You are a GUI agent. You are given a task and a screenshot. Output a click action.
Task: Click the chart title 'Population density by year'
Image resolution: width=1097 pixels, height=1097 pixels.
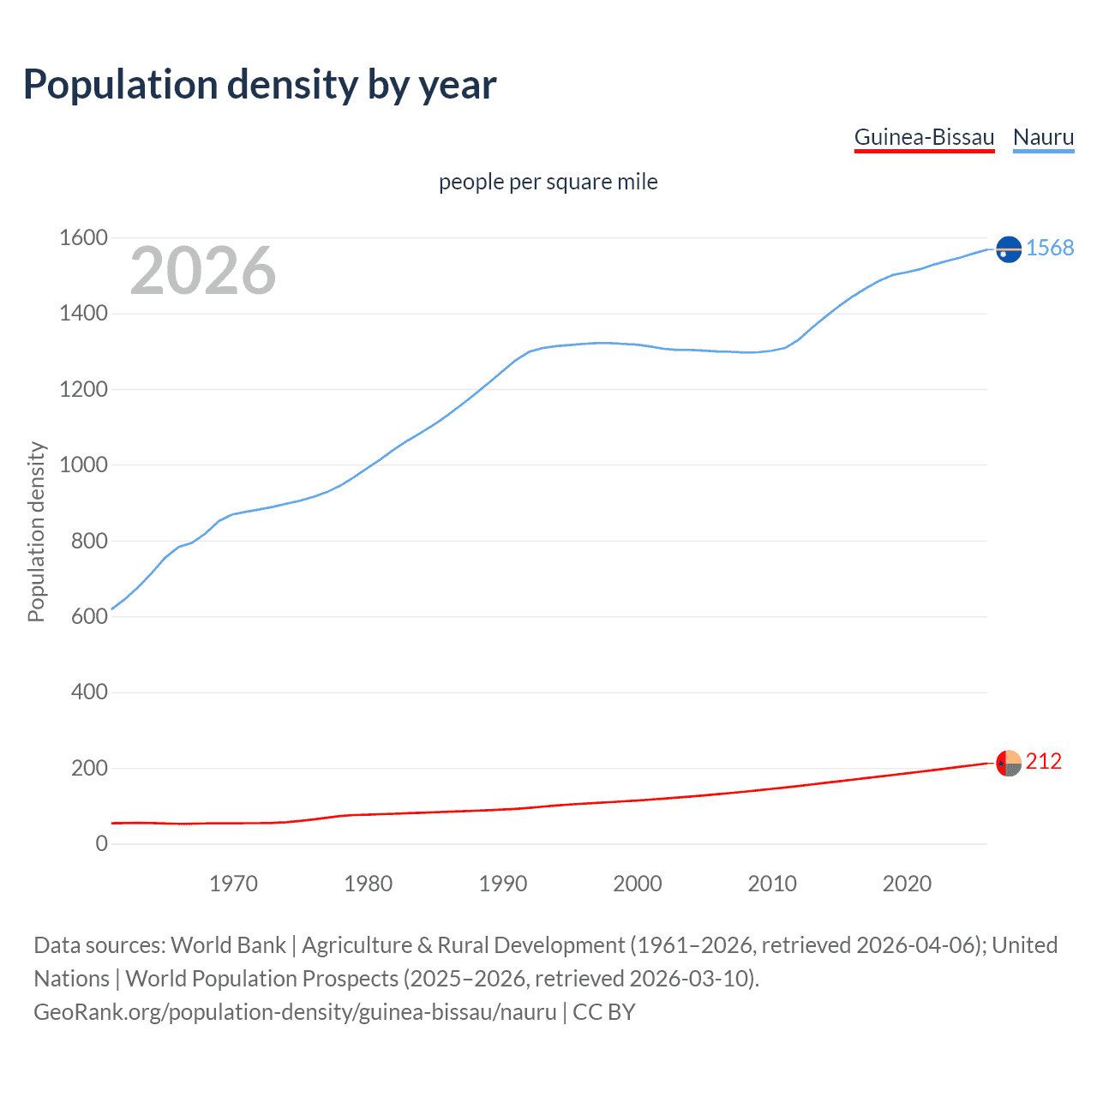tap(260, 85)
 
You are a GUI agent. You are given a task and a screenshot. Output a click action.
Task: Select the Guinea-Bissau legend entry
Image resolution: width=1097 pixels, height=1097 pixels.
tap(924, 137)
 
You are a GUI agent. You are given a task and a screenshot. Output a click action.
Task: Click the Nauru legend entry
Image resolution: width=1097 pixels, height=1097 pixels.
tap(1043, 137)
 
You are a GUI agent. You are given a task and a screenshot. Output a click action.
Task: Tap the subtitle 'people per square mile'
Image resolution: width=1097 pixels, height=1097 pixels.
tap(548, 182)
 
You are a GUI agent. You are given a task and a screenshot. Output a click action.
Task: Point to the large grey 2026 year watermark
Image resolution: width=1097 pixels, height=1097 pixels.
tap(203, 271)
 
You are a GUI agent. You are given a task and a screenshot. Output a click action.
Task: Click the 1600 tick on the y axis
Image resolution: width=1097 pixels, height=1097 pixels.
tap(83, 237)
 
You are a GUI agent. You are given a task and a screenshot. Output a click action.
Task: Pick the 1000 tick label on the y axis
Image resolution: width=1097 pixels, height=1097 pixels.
tap(83, 465)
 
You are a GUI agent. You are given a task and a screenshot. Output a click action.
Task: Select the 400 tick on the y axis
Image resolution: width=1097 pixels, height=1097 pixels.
tap(89, 692)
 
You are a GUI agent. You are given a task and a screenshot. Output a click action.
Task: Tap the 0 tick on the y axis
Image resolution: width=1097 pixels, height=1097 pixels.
tap(101, 843)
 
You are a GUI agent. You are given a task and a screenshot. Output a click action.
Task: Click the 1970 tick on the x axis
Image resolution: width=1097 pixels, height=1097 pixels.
tap(233, 884)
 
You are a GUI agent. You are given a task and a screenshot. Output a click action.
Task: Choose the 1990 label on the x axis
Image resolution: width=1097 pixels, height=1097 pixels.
tap(503, 884)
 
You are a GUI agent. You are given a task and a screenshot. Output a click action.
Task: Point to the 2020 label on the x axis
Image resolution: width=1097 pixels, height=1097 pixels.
tap(907, 884)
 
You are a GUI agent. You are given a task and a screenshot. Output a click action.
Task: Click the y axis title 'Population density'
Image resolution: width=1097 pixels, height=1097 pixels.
tap(36, 531)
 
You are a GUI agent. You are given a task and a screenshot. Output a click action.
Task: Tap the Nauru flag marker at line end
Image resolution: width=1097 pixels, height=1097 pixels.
tap(1009, 249)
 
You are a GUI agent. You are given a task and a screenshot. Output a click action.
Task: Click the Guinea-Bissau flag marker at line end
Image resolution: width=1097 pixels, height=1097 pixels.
tap(1009, 762)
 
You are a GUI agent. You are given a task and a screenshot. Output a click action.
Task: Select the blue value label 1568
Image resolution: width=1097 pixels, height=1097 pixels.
tap(1049, 248)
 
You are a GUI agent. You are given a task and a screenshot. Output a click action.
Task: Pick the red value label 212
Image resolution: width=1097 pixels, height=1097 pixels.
tap(1043, 761)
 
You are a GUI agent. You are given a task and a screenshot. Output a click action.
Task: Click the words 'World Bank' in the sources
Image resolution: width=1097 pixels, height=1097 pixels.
tap(228, 944)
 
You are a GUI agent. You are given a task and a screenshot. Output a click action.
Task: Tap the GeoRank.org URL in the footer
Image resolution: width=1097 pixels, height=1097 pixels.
tap(295, 1011)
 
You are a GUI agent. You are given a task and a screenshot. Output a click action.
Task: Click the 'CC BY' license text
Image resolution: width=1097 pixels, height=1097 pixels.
tap(603, 1011)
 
